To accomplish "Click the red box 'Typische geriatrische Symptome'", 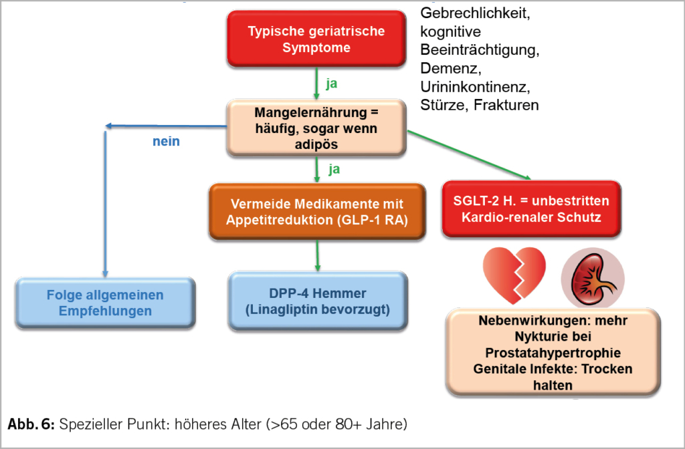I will point(316,39).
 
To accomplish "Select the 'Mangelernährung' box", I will point(316,128).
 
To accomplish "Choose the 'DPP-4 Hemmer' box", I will point(316,301).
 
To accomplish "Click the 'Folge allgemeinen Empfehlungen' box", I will point(104,303).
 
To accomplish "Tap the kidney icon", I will point(592,277).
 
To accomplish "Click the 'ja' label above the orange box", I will point(334,169).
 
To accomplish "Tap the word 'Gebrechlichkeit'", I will point(478,13).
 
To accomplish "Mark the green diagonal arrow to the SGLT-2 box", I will point(468,155).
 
